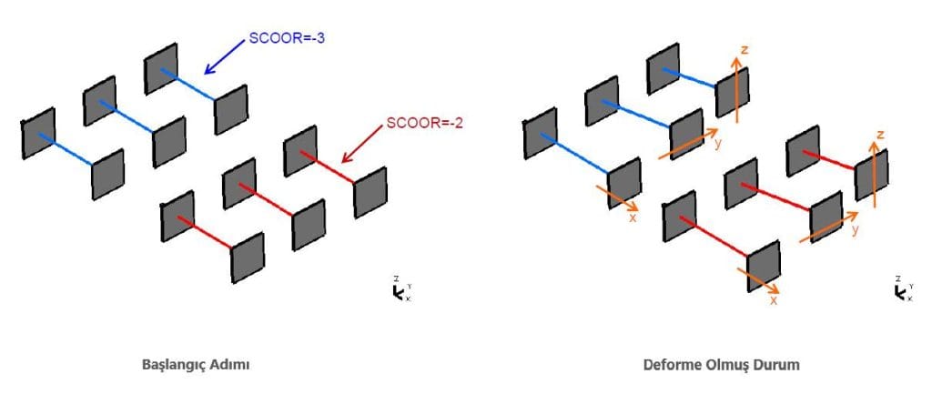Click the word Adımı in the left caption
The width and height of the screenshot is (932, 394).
click(x=231, y=364)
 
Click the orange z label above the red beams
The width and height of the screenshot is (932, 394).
click(x=880, y=135)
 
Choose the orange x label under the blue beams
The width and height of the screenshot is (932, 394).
click(x=633, y=217)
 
